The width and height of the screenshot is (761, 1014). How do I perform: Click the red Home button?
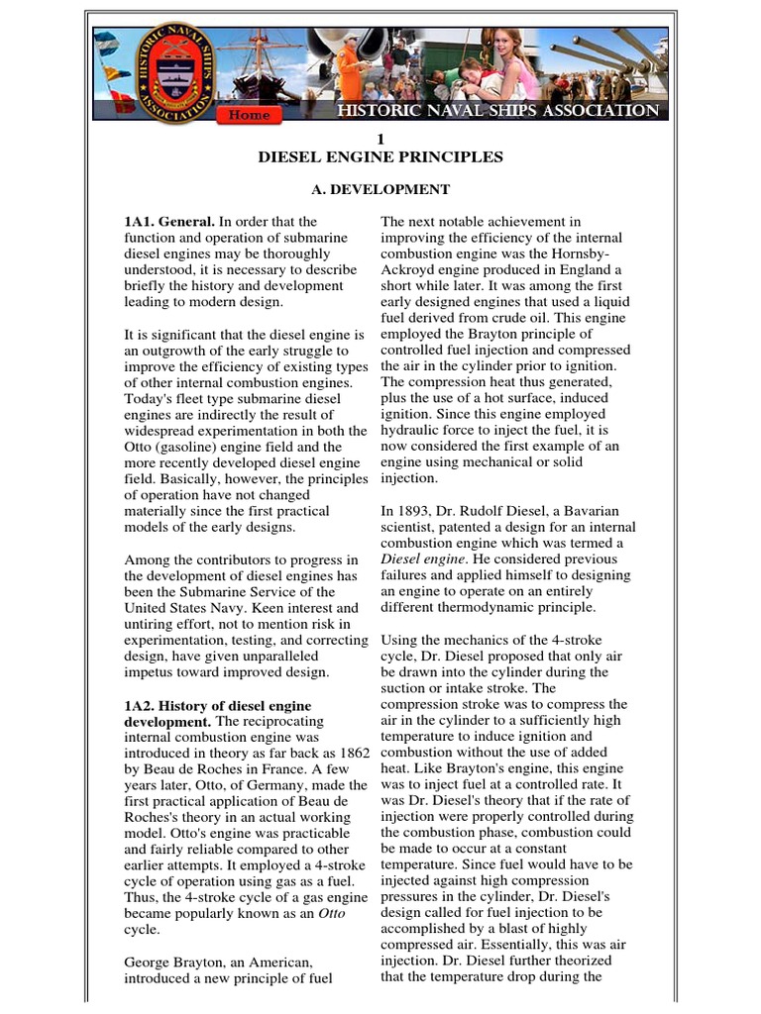point(249,115)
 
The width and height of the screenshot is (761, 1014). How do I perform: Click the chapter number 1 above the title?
point(380,139)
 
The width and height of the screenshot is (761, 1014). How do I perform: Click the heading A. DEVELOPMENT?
point(380,189)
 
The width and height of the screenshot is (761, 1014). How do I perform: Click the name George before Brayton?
point(150,962)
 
